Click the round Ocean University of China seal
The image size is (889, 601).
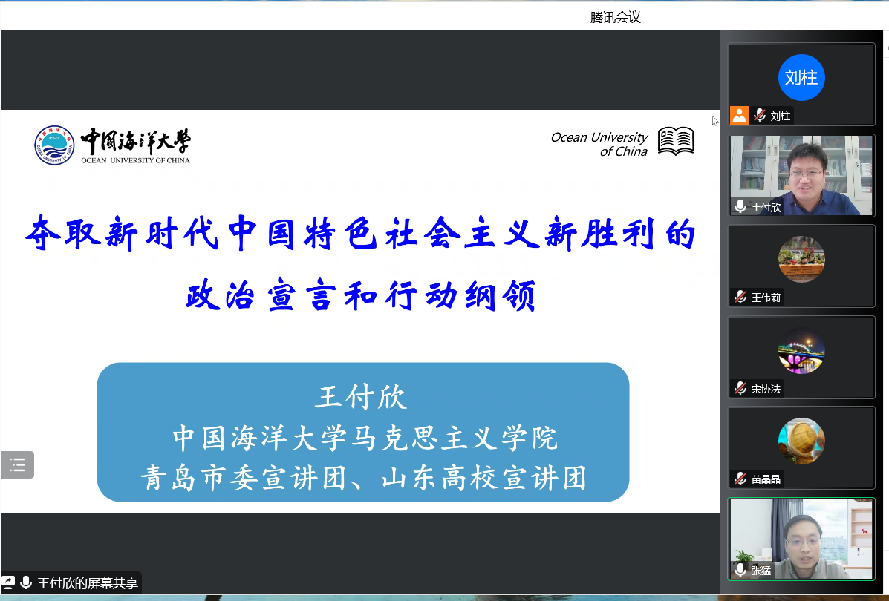pos(54,145)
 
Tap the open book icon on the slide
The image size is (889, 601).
pos(676,141)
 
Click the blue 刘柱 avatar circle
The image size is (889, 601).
pos(801,78)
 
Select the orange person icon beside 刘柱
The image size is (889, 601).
pos(739,116)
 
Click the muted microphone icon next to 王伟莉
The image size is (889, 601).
pos(740,298)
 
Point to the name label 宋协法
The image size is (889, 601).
pos(766,389)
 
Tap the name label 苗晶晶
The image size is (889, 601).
pos(766,479)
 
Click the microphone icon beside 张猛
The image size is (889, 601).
pos(740,570)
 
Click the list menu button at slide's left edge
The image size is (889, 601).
pos(18,465)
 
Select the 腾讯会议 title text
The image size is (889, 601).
pos(615,18)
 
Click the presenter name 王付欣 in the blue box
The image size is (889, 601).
pos(362,396)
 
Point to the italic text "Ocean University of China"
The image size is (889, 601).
pos(599,145)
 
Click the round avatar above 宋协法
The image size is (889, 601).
pos(801,350)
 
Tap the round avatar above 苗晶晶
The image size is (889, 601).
pos(801,441)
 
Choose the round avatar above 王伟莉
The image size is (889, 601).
pos(801,260)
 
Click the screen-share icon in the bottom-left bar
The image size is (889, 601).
pos(8,582)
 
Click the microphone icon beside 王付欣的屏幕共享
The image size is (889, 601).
pos(26,582)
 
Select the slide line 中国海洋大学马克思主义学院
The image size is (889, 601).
pos(365,438)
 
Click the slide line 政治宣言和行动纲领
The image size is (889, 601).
pos(361,295)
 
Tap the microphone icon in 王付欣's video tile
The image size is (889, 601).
pos(740,207)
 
